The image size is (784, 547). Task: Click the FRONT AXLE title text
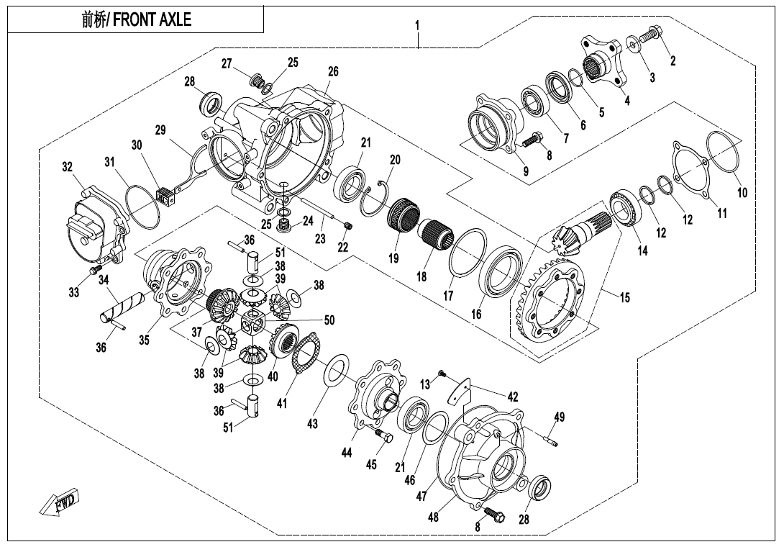click(137, 19)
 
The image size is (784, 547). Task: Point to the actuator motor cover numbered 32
click(94, 227)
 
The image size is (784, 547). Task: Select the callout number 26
click(333, 71)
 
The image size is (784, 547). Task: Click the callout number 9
click(526, 171)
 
